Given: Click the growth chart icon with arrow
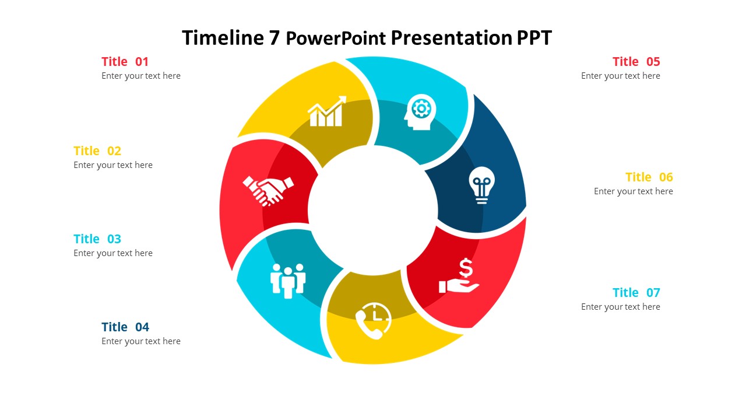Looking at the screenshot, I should point(326,111).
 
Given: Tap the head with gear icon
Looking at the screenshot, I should point(419,111).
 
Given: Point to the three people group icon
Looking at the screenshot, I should point(288,281).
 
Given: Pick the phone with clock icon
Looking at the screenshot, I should point(374,320).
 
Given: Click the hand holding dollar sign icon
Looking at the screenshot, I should point(460,277).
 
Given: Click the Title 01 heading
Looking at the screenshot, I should point(125,62).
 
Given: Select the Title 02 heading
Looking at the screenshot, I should point(97,151).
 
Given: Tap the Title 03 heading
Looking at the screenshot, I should point(97,239).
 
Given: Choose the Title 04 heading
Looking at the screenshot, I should point(125,327).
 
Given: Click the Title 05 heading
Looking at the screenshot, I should point(636,62).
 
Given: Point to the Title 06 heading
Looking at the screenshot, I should point(649,177).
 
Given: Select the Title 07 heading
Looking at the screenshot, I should point(636,293).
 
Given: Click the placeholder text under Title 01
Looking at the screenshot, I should point(141,76).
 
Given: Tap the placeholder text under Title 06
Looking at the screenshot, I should point(633,191).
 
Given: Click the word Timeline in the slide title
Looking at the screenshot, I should point(223,38).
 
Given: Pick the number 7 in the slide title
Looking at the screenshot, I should point(274,38).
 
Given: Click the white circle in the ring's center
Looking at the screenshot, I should point(373,210).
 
